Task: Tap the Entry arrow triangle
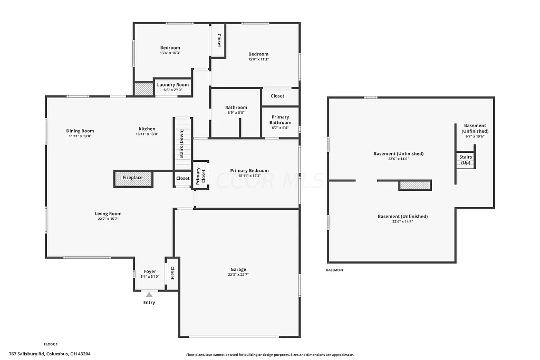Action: point(149,295)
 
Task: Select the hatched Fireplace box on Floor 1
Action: point(133,178)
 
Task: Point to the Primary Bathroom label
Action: point(280,120)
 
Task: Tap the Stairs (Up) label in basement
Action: point(466,160)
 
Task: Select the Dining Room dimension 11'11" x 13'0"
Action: point(80,136)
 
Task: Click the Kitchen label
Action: point(147,129)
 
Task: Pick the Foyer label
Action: point(150,271)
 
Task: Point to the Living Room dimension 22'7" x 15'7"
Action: point(108,219)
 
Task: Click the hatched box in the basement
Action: point(414,185)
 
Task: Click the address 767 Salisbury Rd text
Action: point(53,354)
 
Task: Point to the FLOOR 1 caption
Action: point(51,344)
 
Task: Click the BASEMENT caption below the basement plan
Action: point(334,270)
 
